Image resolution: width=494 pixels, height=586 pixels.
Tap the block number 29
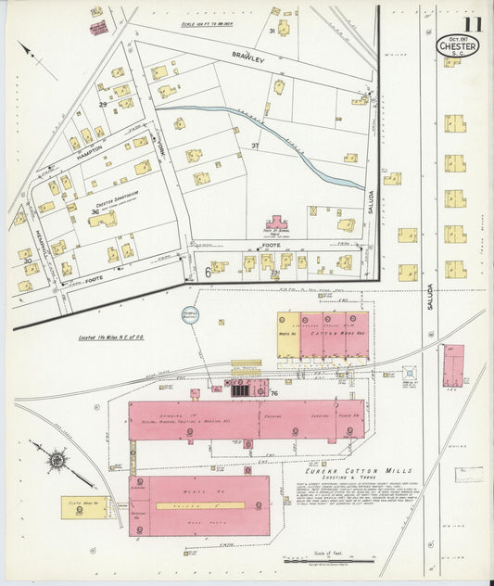(x=103, y=104)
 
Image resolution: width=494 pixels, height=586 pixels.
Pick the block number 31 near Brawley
(x=272, y=31)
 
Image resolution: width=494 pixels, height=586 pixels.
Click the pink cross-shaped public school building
(x=277, y=223)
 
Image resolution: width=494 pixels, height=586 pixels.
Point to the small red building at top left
(x=98, y=27)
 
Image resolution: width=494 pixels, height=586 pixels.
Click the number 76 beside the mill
(x=274, y=393)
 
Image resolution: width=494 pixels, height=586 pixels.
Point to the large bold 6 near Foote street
(x=208, y=272)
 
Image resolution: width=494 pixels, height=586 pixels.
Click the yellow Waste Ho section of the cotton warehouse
(x=288, y=335)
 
